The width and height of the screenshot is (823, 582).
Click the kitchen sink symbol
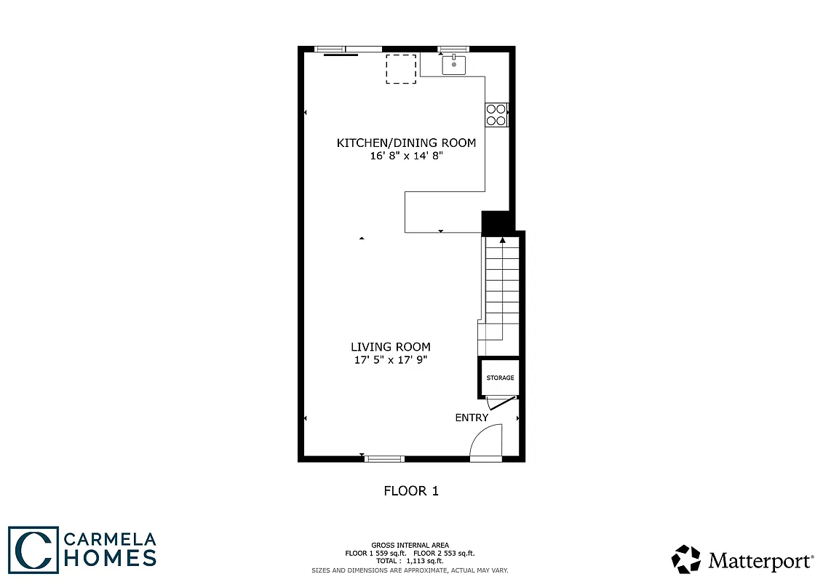[x=454, y=65]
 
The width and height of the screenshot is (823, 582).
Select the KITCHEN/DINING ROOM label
[x=406, y=143]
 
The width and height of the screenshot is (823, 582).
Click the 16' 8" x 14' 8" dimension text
[x=406, y=156]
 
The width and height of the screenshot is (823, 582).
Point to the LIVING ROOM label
[x=391, y=347]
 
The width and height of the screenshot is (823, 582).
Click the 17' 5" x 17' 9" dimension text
[x=391, y=360]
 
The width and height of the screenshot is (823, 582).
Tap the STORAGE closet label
[x=500, y=378]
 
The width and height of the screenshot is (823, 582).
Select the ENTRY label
[x=472, y=418]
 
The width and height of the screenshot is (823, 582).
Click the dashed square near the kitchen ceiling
[x=401, y=69]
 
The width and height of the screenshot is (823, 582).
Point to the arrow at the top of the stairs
[x=503, y=239]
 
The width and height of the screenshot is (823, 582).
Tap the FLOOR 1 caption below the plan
[x=411, y=491]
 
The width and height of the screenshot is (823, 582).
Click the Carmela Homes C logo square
[x=33, y=549]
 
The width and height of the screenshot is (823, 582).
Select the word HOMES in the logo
[x=110, y=558]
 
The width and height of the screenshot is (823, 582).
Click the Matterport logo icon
[x=685, y=559]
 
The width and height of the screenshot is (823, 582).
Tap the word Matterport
[x=760, y=561]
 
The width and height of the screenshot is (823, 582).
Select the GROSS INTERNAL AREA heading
[x=410, y=545]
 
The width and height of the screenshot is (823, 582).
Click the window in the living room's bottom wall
[x=384, y=458]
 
